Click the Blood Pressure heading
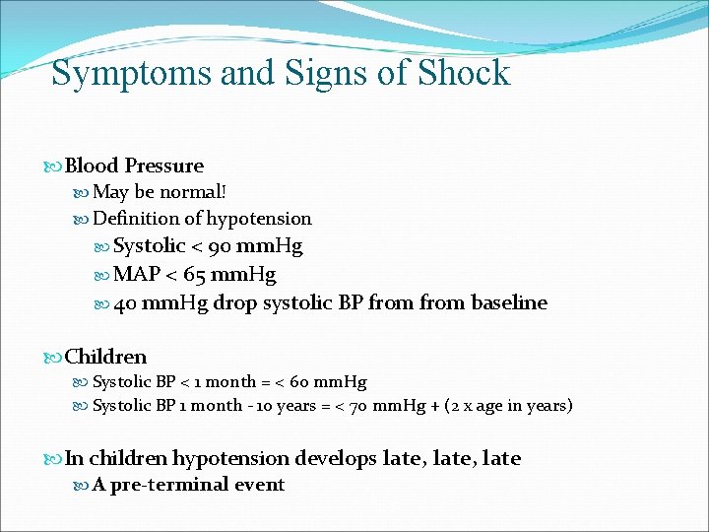tap(134, 166)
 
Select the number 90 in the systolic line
tap(207, 245)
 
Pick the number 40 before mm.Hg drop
tap(125, 302)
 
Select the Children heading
tap(105, 357)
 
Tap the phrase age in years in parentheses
tap(517, 405)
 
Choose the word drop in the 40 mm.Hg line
tap(235, 302)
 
